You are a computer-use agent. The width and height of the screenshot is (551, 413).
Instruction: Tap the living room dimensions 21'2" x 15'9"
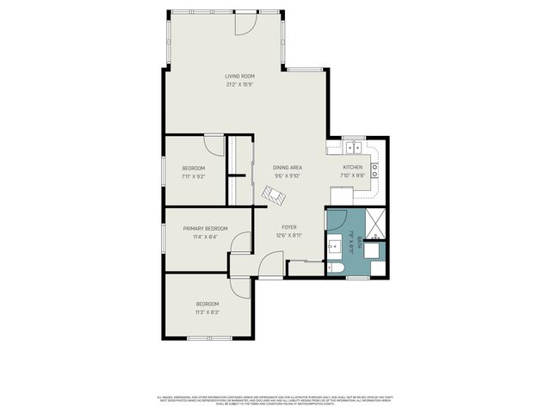(x=239, y=84)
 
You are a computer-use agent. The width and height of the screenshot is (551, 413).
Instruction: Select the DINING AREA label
(x=287, y=167)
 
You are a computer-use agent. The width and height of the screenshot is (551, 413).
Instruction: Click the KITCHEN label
(x=353, y=167)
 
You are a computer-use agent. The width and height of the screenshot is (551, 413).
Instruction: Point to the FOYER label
(x=288, y=227)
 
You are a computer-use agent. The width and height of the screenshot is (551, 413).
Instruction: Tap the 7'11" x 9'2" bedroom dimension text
(x=193, y=176)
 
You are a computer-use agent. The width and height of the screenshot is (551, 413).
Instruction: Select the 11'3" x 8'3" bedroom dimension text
(x=207, y=312)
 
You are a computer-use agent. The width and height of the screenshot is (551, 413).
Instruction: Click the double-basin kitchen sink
(x=353, y=144)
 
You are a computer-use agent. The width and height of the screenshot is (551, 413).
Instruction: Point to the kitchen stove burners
(x=375, y=169)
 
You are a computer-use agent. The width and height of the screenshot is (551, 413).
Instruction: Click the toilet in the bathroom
(x=337, y=268)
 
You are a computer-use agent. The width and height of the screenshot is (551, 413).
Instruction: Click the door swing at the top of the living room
(x=245, y=24)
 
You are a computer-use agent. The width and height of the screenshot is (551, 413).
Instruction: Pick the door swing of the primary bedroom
(x=241, y=242)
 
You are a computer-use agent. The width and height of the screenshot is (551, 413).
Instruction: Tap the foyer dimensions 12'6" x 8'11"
(x=288, y=235)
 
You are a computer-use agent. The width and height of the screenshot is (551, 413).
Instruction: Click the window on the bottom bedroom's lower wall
(x=209, y=338)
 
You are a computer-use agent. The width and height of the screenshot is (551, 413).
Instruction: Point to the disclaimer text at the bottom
(x=275, y=400)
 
